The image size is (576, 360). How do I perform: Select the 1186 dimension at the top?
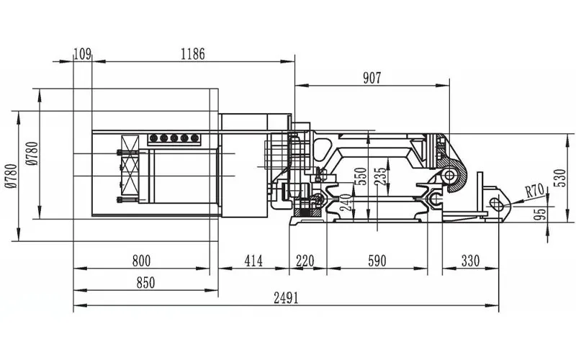pos(192,53)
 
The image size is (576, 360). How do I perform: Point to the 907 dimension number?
pos(372,78)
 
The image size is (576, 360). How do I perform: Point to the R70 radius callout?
pos(534,192)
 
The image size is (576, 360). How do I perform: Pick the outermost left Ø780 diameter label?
pos(10,176)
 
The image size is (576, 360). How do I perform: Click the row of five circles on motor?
pos(173,138)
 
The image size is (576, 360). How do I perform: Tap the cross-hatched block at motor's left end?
pos(130,167)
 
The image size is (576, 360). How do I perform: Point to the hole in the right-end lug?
pos(495,202)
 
